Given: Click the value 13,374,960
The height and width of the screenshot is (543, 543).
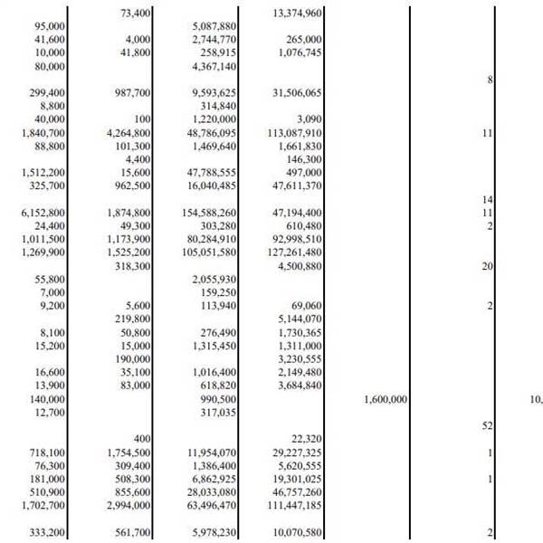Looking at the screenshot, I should click(296, 14).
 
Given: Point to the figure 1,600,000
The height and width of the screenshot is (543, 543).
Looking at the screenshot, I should click(386, 398).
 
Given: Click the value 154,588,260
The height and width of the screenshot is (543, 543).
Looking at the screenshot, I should click(208, 213).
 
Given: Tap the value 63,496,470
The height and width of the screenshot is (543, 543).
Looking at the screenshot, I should click(211, 504).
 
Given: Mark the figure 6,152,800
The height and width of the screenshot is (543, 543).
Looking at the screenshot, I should click(42, 213).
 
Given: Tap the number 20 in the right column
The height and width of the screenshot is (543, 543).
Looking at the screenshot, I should click(487, 266).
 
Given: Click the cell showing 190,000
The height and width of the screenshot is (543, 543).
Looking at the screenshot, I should click(136, 358).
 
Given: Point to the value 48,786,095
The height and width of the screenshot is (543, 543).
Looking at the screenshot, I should click(211, 133).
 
